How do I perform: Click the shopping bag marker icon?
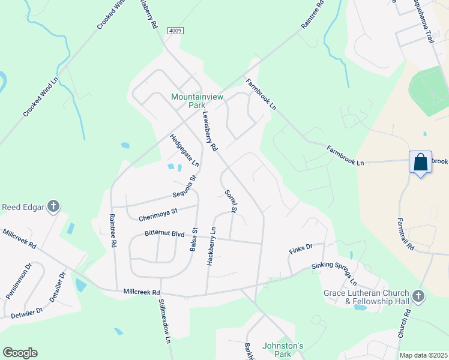(x=421, y=162)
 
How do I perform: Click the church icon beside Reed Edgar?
(x=53, y=207)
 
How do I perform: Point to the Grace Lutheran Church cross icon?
(x=418, y=296)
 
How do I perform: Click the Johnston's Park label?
(x=283, y=350)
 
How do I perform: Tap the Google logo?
(x=20, y=353)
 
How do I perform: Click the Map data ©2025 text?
(x=423, y=355)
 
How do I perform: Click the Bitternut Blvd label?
(x=164, y=233)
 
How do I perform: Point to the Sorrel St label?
(x=231, y=201)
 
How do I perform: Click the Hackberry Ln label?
(x=211, y=246)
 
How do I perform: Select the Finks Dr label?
(x=301, y=247)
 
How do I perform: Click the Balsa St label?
(x=194, y=239)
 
